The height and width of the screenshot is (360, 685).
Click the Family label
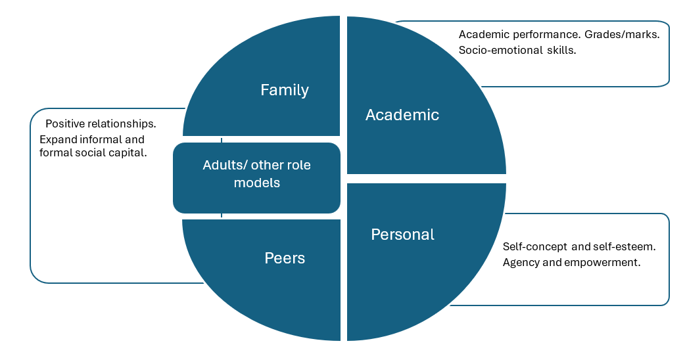(x=285, y=90)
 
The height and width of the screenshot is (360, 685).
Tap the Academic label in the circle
(x=402, y=115)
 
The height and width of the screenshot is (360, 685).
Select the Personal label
(x=402, y=235)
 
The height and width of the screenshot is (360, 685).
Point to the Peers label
(x=285, y=258)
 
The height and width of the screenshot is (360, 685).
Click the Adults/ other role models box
(x=256, y=177)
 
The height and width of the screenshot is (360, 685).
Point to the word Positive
(x=64, y=124)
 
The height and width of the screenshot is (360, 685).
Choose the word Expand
(x=57, y=139)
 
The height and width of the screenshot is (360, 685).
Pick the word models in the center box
(x=257, y=183)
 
